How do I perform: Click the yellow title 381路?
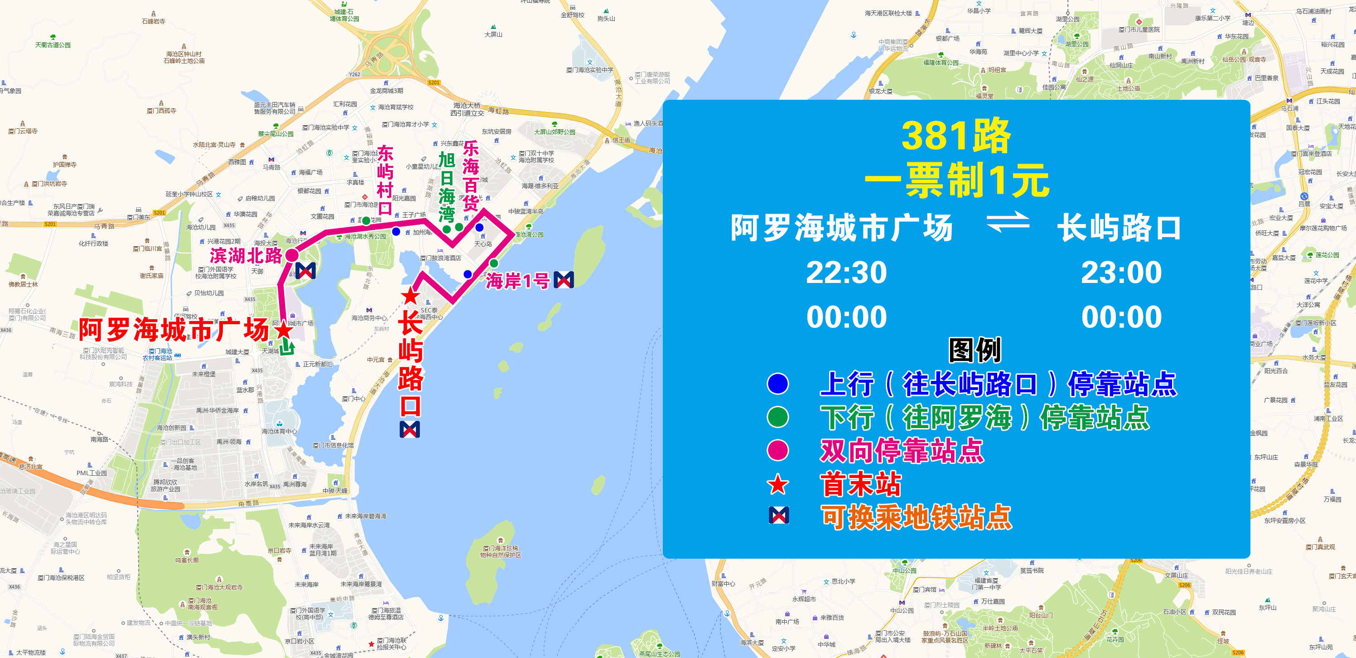tap(956, 136)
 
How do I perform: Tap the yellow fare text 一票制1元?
tap(956, 180)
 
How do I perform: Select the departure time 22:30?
tap(846, 273)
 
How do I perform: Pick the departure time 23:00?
tap(1121, 273)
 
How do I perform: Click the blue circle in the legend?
tap(778, 384)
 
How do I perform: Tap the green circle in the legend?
tap(778, 417)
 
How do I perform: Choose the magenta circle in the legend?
tap(778, 450)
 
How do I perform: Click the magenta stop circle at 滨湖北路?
tap(292, 255)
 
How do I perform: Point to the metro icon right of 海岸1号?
tap(564, 280)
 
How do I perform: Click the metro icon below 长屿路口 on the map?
tap(410, 429)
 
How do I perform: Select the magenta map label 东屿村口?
tap(385, 180)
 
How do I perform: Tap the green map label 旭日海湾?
tap(446, 186)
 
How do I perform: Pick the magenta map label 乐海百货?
tap(471, 176)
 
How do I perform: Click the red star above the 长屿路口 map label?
tap(410, 296)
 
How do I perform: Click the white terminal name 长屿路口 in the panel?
tap(1119, 228)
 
